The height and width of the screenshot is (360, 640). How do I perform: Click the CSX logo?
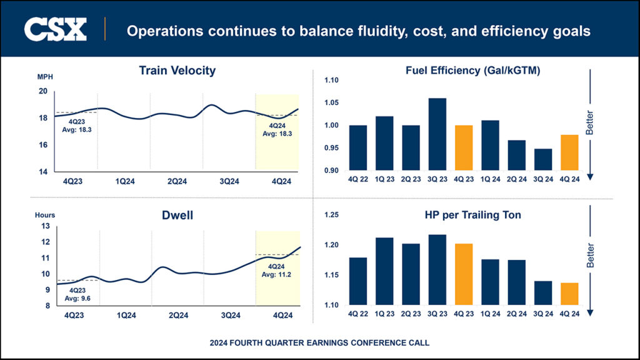point(55,29)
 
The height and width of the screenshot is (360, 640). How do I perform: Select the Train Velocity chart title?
point(177,71)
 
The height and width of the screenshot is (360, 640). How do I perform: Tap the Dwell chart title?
point(177,216)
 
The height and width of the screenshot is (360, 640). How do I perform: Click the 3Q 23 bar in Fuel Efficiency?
point(437,134)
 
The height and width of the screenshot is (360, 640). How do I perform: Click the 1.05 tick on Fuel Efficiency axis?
point(330,103)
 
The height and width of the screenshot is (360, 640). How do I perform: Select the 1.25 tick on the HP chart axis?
point(330,215)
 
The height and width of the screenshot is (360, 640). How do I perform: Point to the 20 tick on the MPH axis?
point(42,91)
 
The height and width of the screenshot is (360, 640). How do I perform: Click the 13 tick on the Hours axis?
point(44,226)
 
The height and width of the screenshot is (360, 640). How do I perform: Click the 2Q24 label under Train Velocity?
point(176,181)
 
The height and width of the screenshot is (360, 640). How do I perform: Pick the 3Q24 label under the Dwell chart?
point(230,317)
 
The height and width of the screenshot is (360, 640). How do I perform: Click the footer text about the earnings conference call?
point(320,343)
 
